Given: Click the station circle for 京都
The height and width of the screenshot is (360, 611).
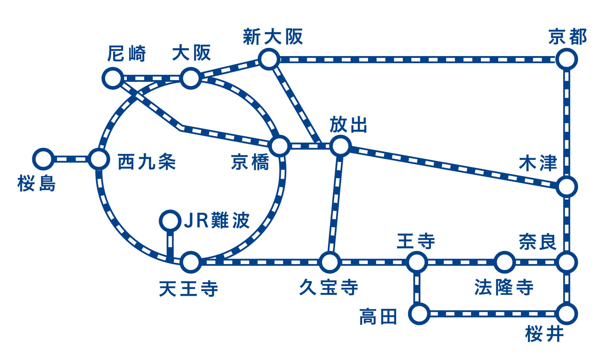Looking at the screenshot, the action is pyautogui.click(x=567, y=59).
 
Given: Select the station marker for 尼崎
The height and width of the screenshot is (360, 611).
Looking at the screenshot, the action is pyautogui.click(x=113, y=78).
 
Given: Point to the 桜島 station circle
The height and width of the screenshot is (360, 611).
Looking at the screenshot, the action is pyautogui.click(x=43, y=159).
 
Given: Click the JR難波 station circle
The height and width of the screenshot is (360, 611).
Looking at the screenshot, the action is pyautogui.click(x=170, y=221).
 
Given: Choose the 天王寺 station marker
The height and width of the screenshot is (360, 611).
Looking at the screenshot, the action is pyautogui.click(x=191, y=262).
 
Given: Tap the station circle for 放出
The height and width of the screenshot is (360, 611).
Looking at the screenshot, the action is pyautogui.click(x=341, y=146).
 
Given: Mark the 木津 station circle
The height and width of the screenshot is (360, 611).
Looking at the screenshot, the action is pyautogui.click(x=567, y=187).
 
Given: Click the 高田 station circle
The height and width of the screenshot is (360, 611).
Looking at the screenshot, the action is pyautogui.click(x=419, y=314).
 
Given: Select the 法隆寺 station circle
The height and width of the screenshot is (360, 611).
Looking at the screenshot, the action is pyautogui.click(x=504, y=262).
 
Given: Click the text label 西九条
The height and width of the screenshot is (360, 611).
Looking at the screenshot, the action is pyautogui.click(x=147, y=162).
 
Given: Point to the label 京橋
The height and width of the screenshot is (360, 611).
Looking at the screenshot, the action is pyautogui.click(x=250, y=162).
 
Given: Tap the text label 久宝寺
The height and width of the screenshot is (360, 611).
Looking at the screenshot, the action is pyautogui.click(x=328, y=287).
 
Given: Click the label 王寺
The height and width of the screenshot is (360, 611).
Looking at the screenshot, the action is pyautogui.click(x=416, y=241).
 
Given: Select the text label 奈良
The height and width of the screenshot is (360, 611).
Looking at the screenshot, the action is pyautogui.click(x=538, y=242).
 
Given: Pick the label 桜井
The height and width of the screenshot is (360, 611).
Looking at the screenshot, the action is pyautogui.click(x=545, y=334).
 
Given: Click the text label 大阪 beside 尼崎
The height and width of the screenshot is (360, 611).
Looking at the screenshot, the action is pyautogui.click(x=191, y=53).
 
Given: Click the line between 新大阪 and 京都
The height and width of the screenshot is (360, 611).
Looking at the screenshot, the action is pyautogui.click(x=417, y=59).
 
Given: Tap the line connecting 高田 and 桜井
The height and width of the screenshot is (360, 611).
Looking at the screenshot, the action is pyautogui.click(x=492, y=314).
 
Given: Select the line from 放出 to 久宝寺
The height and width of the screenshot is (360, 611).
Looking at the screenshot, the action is pyautogui.click(x=335, y=204).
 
